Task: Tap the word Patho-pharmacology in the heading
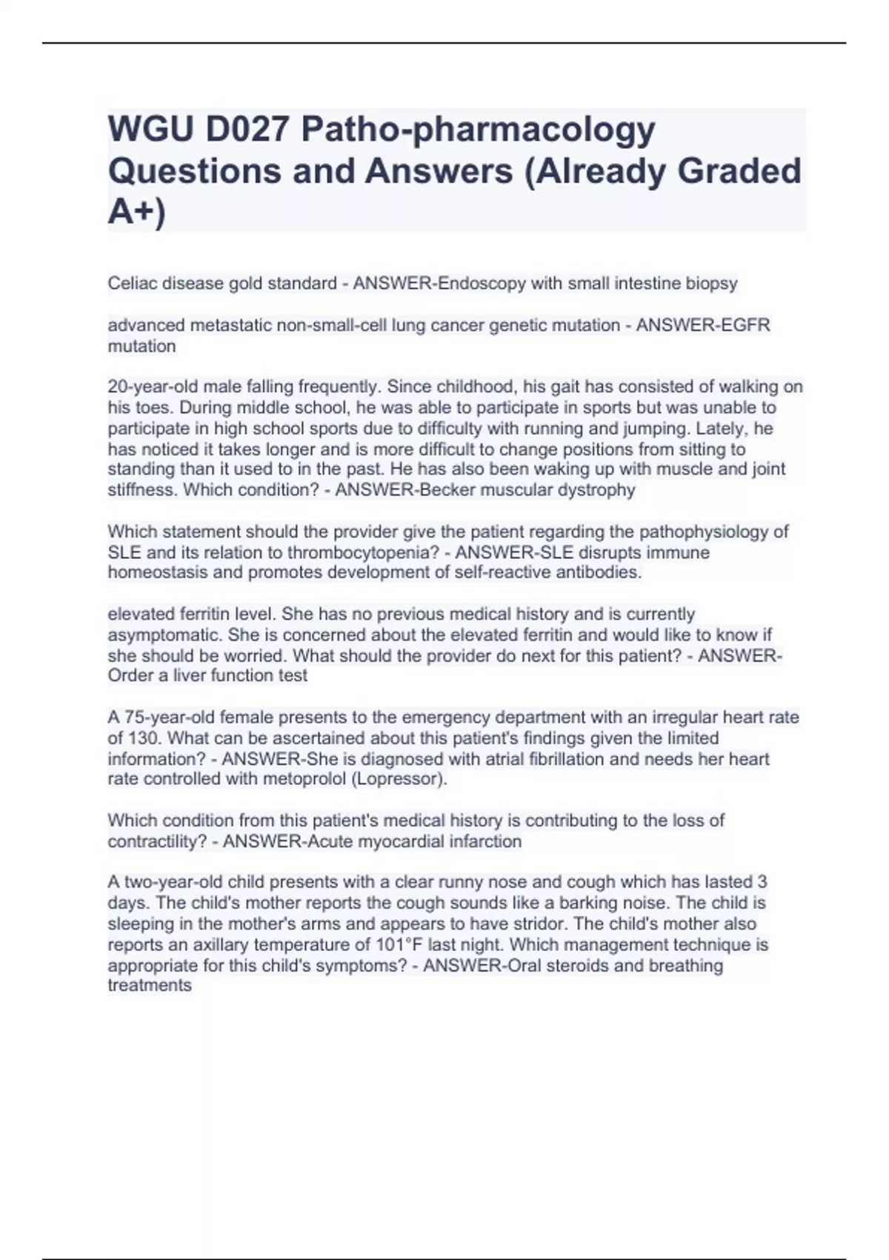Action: tap(478, 130)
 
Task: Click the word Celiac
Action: tap(133, 283)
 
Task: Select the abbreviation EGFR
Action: tap(745, 325)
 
